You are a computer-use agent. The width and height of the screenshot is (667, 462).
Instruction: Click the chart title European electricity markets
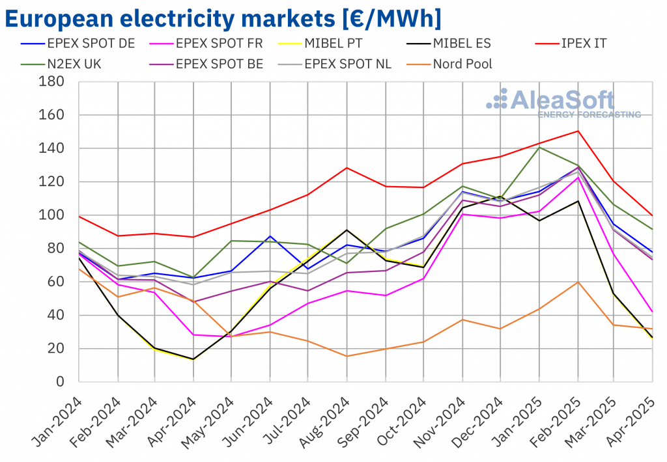[x=222, y=18]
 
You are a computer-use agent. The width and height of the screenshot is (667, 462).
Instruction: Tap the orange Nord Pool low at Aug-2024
[x=347, y=356]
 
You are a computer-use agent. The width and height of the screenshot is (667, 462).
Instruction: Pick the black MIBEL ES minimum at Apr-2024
[x=193, y=359]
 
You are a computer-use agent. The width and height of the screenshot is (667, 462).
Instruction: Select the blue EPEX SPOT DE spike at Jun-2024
[x=270, y=236]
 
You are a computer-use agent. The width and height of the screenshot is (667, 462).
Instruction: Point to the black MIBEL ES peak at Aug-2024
[x=347, y=230]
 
